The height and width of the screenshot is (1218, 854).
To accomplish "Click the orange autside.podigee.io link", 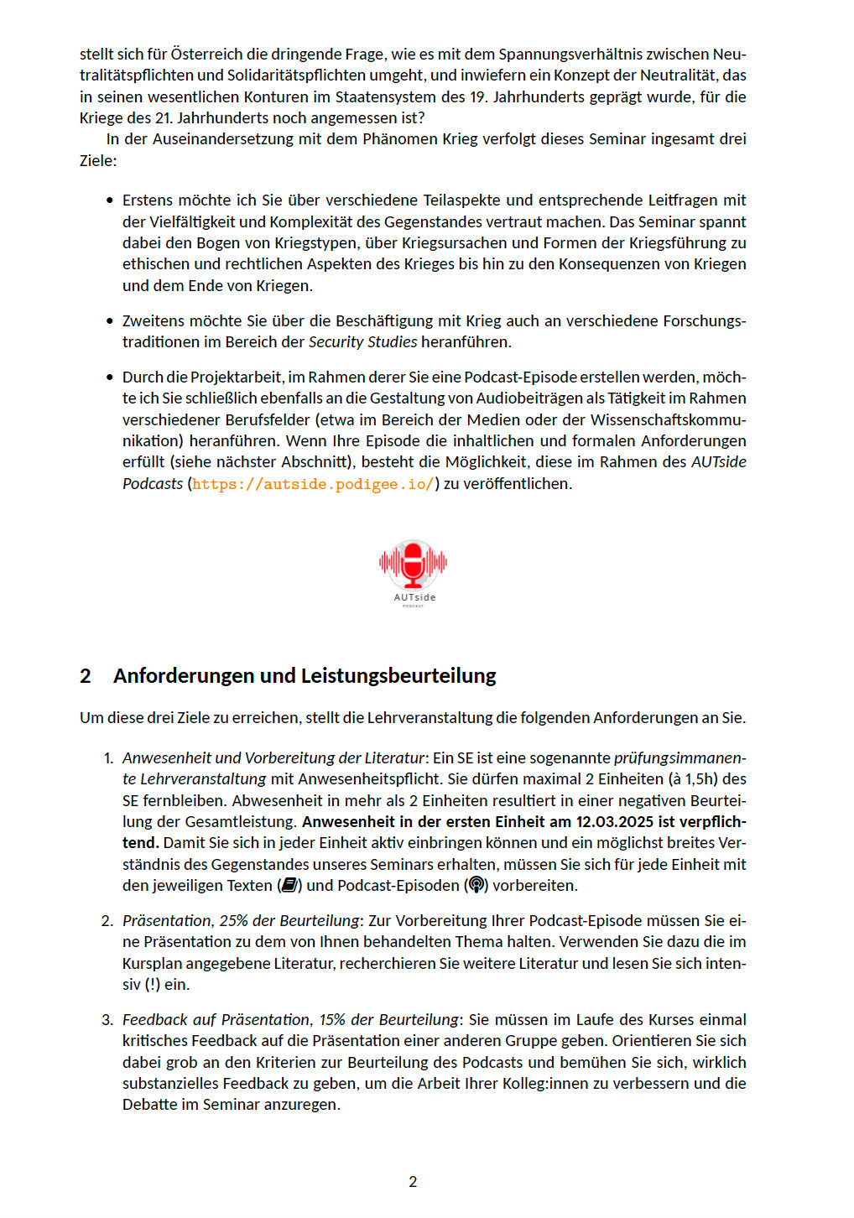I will click(x=313, y=484).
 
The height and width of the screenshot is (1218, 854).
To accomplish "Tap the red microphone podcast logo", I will click(x=413, y=564).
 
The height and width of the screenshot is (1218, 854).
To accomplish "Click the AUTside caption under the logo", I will click(x=414, y=597).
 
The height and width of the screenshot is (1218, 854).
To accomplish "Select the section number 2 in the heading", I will click(x=86, y=676).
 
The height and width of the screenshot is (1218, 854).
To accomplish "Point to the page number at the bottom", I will click(x=413, y=1182).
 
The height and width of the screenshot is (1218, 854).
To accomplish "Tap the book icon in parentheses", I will click(x=289, y=886).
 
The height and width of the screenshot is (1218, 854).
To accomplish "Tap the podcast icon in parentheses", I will click(x=476, y=886).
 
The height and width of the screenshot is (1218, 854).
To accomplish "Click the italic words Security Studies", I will click(x=362, y=342).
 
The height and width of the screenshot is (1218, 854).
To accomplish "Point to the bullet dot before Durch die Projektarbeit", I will click(x=109, y=377).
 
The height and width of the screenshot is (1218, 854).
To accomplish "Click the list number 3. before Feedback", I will click(x=107, y=1020).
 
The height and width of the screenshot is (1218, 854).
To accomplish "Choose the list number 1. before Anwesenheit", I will click(x=108, y=758).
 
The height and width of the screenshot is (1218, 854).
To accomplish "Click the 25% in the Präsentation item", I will click(x=233, y=921).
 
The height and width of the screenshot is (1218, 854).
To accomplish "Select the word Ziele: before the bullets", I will click(x=98, y=160).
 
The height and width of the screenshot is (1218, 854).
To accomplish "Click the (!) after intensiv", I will click(x=152, y=985).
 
